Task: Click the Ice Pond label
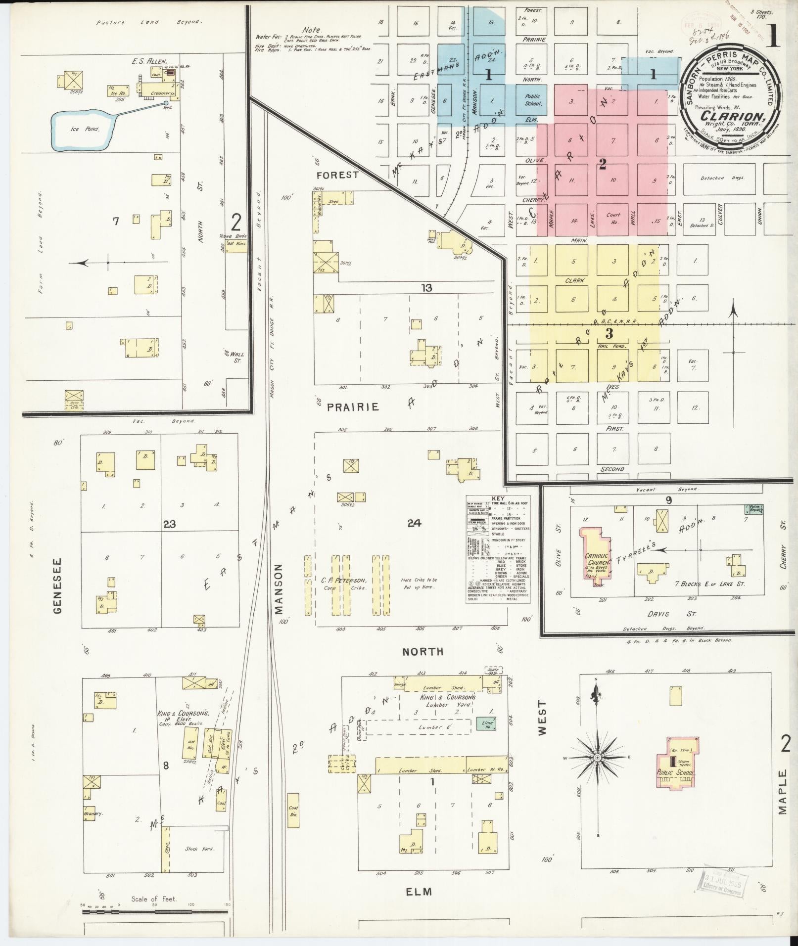pos(85,129)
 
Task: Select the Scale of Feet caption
pos(154,899)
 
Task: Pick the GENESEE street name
pos(58,586)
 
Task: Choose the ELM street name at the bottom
pos(419,892)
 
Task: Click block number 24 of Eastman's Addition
pos(414,523)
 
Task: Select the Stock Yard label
pos(199,849)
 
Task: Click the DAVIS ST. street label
pos(671,614)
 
